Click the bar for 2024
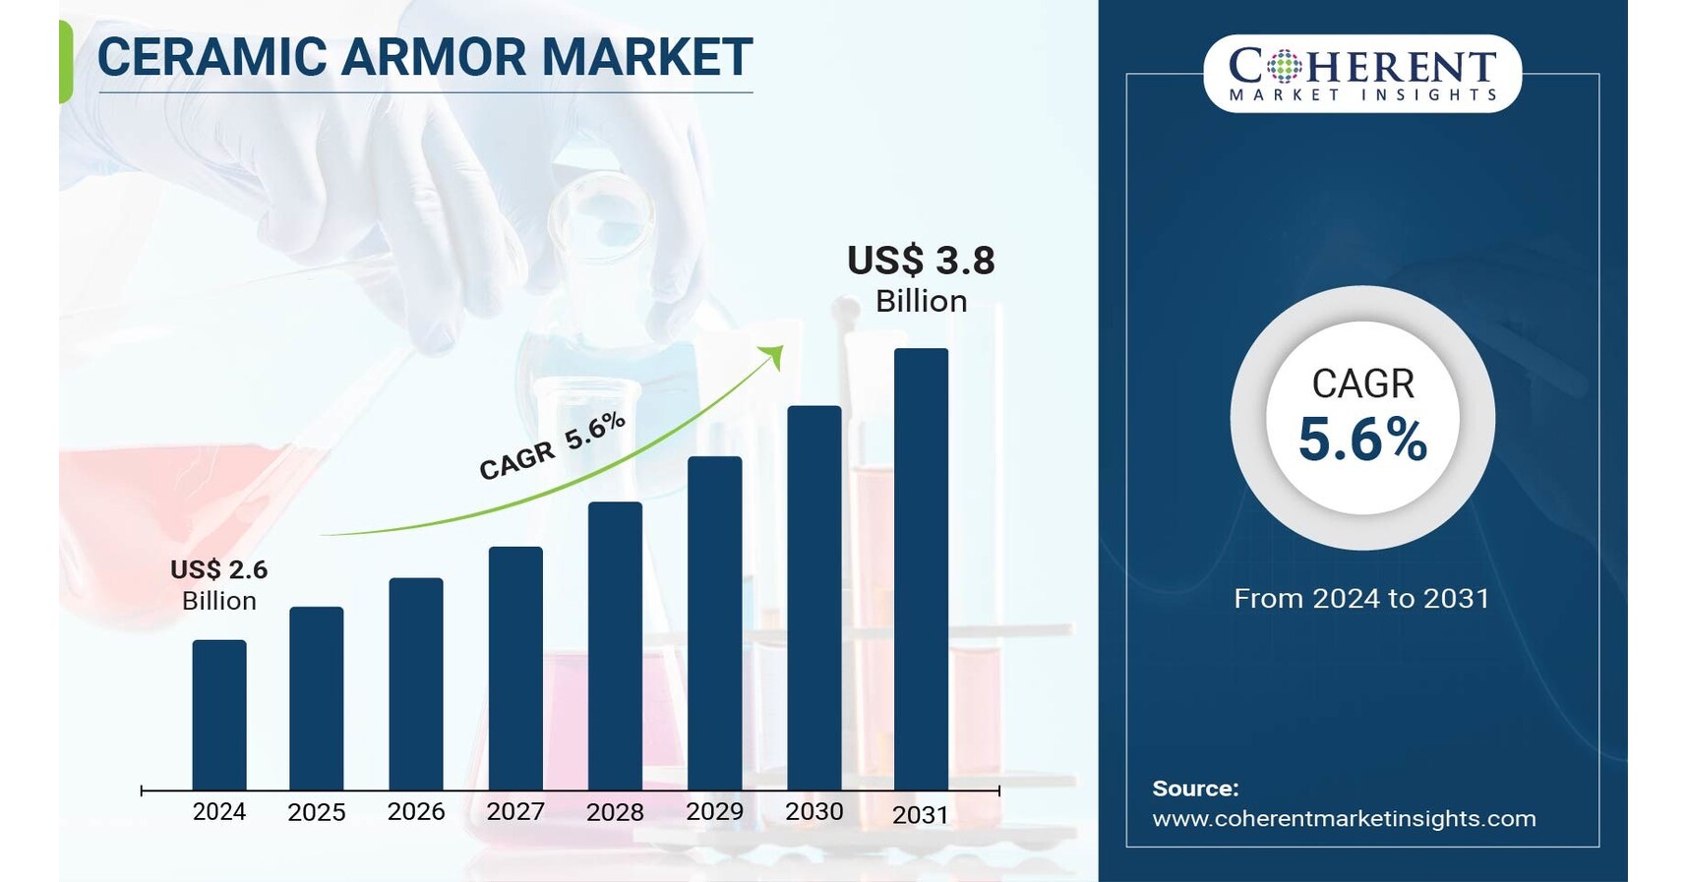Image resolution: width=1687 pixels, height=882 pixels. pyautogui.click(x=219, y=715)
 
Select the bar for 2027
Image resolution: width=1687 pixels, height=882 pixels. pyautogui.click(x=515, y=669)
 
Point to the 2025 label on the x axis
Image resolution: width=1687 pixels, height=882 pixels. pyautogui.click(x=317, y=812)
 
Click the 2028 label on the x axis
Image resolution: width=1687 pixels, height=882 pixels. pyautogui.click(x=615, y=812)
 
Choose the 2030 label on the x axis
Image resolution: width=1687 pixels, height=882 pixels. pyautogui.click(x=814, y=811)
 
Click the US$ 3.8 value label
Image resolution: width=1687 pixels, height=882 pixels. pyautogui.click(x=921, y=261)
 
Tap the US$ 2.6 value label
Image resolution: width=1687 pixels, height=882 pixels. pyautogui.click(x=218, y=570)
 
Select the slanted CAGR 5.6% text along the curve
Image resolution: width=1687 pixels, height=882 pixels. pyautogui.click(x=552, y=446)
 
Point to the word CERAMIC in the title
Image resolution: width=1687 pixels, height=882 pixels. pyautogui.click(x=212, y=57)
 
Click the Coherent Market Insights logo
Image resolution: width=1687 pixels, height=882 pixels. pyautogui.click(x=1362, y=74)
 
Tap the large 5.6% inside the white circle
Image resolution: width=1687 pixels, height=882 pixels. pyautogui.click(x=1362, y=440)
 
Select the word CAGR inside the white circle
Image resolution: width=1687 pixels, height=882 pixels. pyautogui.click(x=1362, y=383)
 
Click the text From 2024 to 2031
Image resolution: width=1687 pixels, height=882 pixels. pyautogui.click(x=1361, y=599)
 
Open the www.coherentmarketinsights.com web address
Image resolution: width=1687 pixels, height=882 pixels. pyautogui.click(x=1344, y=818)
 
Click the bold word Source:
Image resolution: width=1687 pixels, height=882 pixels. pyautogui.click(x=1195, y=789)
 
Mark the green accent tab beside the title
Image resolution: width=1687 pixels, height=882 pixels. pyautogui.click(x=66, y=61)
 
